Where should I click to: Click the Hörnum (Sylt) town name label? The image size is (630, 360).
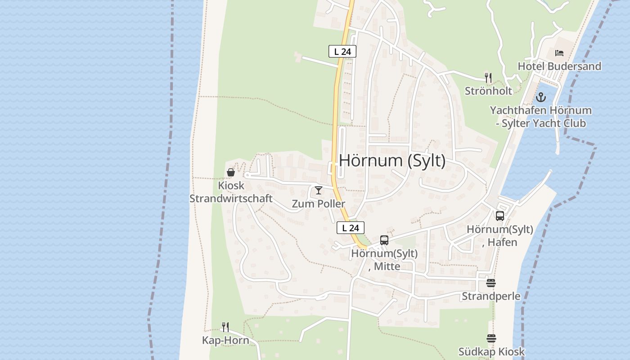392,161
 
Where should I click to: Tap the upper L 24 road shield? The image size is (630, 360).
342,52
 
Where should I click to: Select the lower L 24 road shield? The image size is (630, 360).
350,228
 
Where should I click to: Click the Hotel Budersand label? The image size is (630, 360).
559,66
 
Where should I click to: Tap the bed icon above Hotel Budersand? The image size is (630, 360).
559,53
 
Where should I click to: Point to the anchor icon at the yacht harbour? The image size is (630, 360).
540,97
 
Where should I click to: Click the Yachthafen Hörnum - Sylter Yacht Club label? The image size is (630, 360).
540,117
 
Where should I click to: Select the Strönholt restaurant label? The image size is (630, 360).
488,91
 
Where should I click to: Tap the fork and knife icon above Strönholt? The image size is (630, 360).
488,77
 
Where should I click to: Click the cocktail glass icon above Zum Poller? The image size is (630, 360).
319,190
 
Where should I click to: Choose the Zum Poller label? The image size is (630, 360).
319,204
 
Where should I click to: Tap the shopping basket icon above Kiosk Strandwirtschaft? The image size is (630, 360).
231,172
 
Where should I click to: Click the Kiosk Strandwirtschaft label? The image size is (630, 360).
231,192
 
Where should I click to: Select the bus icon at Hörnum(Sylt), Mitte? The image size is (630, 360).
384,240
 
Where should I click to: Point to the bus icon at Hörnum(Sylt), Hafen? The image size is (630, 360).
500,216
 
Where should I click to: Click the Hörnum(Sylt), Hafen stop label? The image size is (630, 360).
500,236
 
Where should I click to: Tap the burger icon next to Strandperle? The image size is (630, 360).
491,283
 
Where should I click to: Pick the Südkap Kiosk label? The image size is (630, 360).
491,352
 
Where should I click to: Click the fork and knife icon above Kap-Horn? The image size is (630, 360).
225,327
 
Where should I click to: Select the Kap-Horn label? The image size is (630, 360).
225,340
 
